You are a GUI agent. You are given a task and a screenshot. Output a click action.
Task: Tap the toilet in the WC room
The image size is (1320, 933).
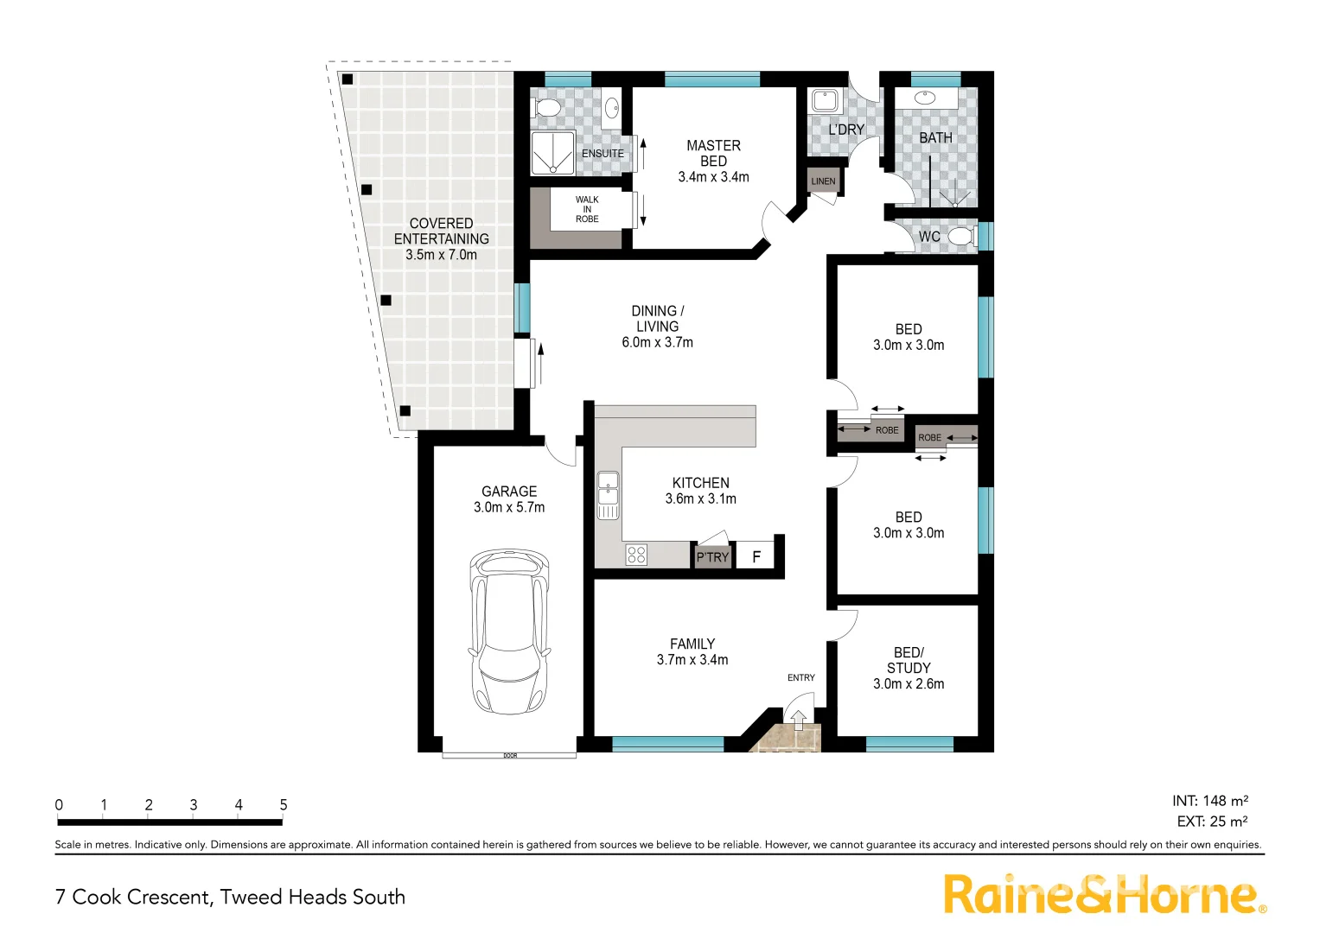[960, 236]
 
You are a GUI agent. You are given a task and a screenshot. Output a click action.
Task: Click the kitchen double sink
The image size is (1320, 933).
[608, 496]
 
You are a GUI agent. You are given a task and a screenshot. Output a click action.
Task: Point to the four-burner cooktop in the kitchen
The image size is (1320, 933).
[636, 555]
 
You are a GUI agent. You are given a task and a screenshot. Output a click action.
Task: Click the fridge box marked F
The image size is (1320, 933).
[756, 557]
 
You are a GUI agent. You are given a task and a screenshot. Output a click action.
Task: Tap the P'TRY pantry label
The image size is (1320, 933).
[713, 557]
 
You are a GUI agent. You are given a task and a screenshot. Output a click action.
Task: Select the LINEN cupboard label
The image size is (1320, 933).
[823, 181]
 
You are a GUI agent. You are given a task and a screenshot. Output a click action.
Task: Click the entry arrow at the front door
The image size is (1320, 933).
[798, 716]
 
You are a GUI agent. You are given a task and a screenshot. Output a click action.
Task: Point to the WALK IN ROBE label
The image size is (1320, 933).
[587, 209]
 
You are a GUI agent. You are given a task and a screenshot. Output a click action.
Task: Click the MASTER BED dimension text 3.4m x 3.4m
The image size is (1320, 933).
[713, 177]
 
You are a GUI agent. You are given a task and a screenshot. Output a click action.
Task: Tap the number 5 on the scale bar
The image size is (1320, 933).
[284, 805]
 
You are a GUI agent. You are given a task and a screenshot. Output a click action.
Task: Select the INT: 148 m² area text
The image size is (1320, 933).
[1210, 801]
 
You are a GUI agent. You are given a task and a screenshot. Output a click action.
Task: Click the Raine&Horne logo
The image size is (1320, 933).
[1103, 894]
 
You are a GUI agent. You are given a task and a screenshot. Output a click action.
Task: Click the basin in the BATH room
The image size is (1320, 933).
[925, 98]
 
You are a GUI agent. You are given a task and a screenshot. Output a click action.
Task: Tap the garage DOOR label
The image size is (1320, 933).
[510, 756]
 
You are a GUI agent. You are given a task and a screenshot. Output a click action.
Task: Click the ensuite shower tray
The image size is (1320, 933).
[552, 154]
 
